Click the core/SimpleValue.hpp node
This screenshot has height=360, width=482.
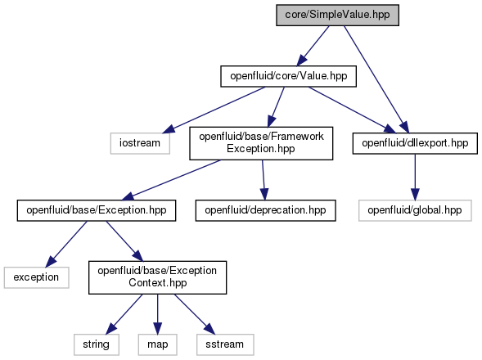337,15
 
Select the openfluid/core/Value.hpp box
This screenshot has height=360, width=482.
288,76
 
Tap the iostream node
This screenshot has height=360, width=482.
140,143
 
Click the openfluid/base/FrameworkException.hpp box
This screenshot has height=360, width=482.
261,143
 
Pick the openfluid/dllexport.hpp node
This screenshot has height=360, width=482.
415,143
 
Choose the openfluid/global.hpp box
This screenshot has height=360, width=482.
415,210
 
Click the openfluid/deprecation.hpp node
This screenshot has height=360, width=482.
265,210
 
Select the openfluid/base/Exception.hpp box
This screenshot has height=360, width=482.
97,210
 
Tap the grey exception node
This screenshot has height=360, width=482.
36,277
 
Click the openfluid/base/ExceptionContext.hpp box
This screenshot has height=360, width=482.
157,277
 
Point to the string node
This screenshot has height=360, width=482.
97,344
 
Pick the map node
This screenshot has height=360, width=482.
157,344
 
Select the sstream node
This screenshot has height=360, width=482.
225,344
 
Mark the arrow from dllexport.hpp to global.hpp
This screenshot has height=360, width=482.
415,177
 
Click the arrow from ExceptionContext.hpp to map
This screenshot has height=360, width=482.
157,314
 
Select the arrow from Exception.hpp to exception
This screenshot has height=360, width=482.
66,244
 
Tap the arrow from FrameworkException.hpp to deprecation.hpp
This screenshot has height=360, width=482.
264,180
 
